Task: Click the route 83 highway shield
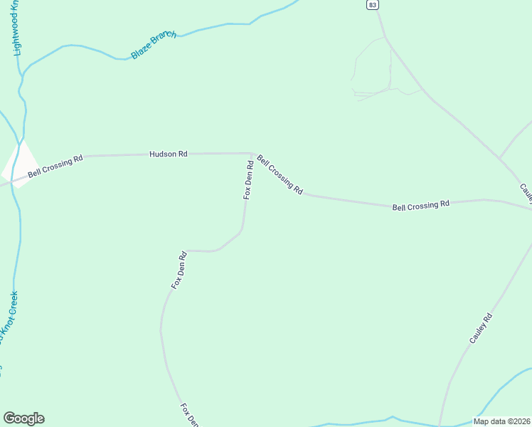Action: tap(373, 5)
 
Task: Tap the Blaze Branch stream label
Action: tap(153, 45)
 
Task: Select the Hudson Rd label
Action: tap(168, 154)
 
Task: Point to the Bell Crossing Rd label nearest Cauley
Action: tap(421, 204)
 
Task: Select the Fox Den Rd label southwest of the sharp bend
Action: tap(179, 269)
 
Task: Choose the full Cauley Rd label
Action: tap(481, 330)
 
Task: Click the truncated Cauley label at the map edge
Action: tap(526, 191)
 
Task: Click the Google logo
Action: tap(23, 418)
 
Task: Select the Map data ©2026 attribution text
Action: tap(501, 421)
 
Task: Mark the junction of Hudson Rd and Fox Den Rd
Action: tap(251, 153)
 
